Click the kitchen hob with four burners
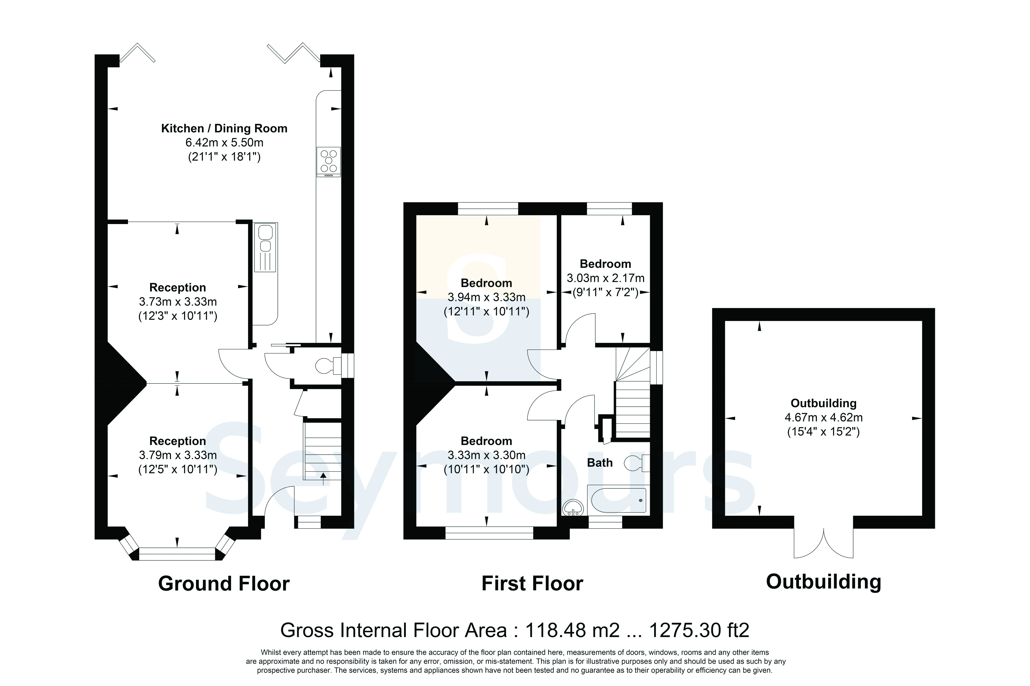click(x=328, y=161)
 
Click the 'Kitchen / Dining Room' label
click(x=224, y=128)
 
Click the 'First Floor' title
click(x=532, y=584)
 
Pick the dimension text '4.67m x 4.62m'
click(x=823, y=417)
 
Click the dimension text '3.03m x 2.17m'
click(x=605, y=278)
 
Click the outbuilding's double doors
click(x=823, y=543)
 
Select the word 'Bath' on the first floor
click(x=600, y=463)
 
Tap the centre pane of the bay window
click(x=177, y=554)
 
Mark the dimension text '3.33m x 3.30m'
click(x=486, y=455)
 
